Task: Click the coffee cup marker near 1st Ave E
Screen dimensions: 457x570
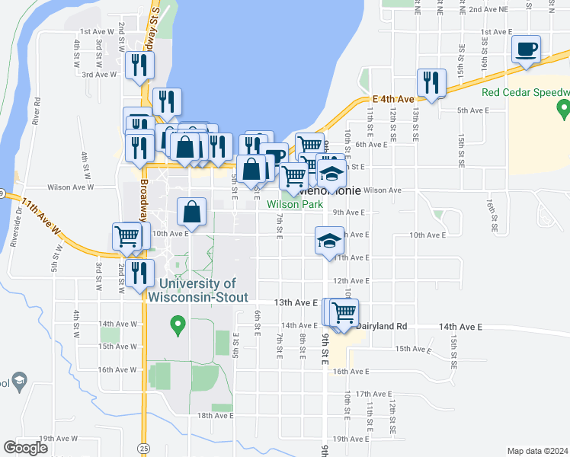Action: pyautogui.click(x=526, y=50)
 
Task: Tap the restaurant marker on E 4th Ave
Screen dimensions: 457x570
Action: pyautogui.click(x=431, y=83)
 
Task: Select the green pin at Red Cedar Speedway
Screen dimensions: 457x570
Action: pyautogui.click(x=564, y=110)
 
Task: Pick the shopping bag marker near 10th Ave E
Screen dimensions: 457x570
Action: pyautogui.click(x=194, y=213)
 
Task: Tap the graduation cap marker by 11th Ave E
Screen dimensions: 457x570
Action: pyautogui.click(x=329, y=242)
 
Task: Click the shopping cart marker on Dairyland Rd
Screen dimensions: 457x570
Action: pyautogui.click(x=344, y=312)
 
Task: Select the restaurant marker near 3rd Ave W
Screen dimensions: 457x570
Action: pyautogui.click(x=139, y=66)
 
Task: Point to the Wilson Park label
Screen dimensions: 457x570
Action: pyautogui.click(x=294, y=204)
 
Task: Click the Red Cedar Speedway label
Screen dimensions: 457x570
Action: pyautogui.click(x=526, y=93)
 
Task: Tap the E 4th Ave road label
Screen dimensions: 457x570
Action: pyautogui.click(x=393, y=99)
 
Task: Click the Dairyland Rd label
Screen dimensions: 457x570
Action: pyautogui.click(x=382, y=326)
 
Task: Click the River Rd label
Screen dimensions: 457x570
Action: pyautogui.click(x=36, y=111)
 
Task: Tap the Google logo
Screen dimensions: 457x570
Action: pyautogui.click(x=26, y=448)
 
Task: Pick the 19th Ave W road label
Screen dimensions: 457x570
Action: pyautogui.click(x=59, y=439)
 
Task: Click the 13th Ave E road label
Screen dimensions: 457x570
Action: pyautogui.click(x=296, y=302)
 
